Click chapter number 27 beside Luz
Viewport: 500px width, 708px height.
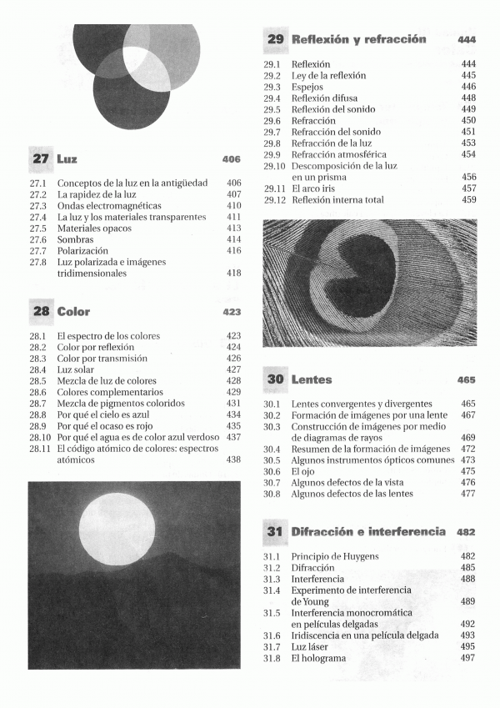(40, 158)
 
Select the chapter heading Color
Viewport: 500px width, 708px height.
(73, 312)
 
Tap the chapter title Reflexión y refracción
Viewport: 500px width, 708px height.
(358, 39)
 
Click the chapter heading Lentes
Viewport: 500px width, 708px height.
(311, 379)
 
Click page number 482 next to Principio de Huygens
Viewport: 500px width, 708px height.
(467, 556)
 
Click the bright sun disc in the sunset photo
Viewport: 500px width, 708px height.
(117, 529)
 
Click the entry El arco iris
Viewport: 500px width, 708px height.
(319, 188)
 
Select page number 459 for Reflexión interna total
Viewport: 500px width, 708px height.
(468, 200)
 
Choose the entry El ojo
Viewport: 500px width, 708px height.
(303, 471)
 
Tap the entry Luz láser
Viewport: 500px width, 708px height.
(310, 647)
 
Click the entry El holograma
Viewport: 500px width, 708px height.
(318, 659)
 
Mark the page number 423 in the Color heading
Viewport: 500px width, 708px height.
(232, 312)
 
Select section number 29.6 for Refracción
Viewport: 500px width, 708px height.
(272, 121)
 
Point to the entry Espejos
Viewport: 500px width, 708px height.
(307, 87)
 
